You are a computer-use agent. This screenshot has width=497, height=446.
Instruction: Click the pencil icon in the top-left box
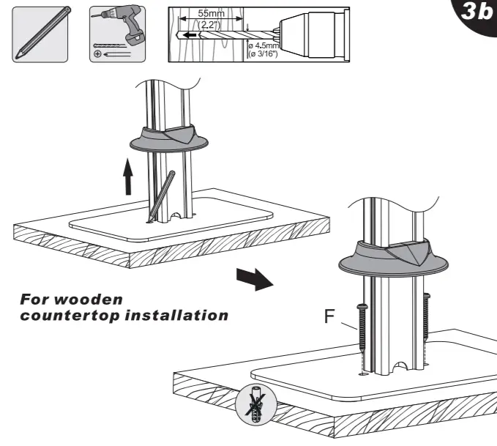[x=41, y=34]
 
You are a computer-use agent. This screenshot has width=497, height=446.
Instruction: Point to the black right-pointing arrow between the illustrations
[x=250, y=278]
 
